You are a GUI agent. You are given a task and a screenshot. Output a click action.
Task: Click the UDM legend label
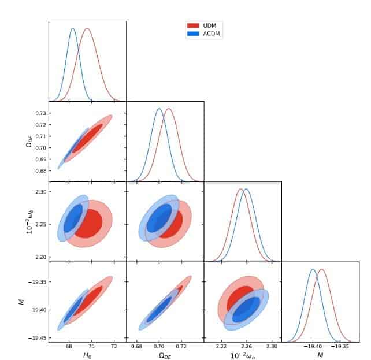coord(210,25)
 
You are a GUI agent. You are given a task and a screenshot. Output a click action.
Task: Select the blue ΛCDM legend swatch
coord(193,34)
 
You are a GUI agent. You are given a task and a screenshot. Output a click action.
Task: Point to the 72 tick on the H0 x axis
coord(114,347)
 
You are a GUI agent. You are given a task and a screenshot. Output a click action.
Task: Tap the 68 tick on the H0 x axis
coord(69,347)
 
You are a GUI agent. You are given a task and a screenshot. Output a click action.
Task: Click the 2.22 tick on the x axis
coord(221,347)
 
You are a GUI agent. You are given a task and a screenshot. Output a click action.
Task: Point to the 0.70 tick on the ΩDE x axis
coord(159,347)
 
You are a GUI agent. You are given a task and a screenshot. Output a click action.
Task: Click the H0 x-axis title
coord(87,355)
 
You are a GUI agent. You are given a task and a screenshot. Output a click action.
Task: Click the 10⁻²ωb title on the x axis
coord(243,355)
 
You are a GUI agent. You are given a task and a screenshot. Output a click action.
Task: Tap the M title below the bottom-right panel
coord(320,355)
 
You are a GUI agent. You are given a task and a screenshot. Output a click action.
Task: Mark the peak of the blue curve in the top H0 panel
coord(73,28)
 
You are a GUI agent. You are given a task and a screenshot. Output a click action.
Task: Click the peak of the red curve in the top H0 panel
coord(87,28)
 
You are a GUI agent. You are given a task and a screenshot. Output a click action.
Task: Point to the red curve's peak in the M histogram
coord(321,269)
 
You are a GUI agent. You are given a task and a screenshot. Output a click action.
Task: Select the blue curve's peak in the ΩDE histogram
coord(159,109)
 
